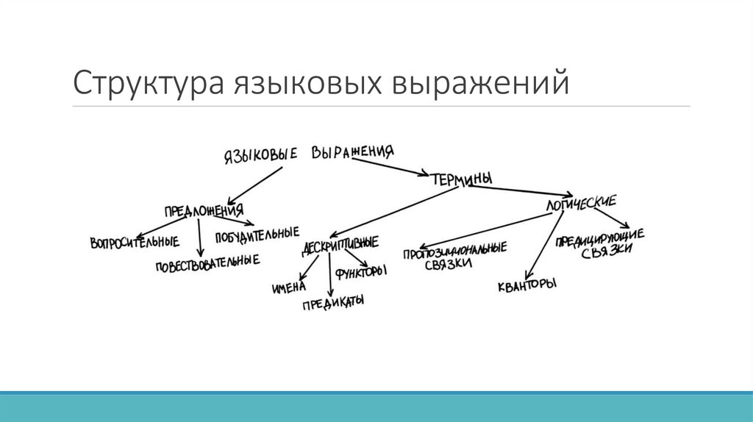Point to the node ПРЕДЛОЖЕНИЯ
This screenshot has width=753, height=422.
(x=204, y=210)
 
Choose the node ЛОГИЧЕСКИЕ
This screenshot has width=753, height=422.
(x=580, y=203)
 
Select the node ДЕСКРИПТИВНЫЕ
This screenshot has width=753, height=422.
(x=340, y=246)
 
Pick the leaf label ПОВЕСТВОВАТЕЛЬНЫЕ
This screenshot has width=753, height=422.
(x=207, y=262)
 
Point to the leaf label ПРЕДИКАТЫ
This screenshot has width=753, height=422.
(x=333, y=303)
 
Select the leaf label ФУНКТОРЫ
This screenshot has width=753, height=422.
(x=361, y=272)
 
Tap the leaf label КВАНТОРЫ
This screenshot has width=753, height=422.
(x=526, y=284)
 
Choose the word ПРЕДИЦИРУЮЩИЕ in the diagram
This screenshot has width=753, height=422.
(x=600, y=237)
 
